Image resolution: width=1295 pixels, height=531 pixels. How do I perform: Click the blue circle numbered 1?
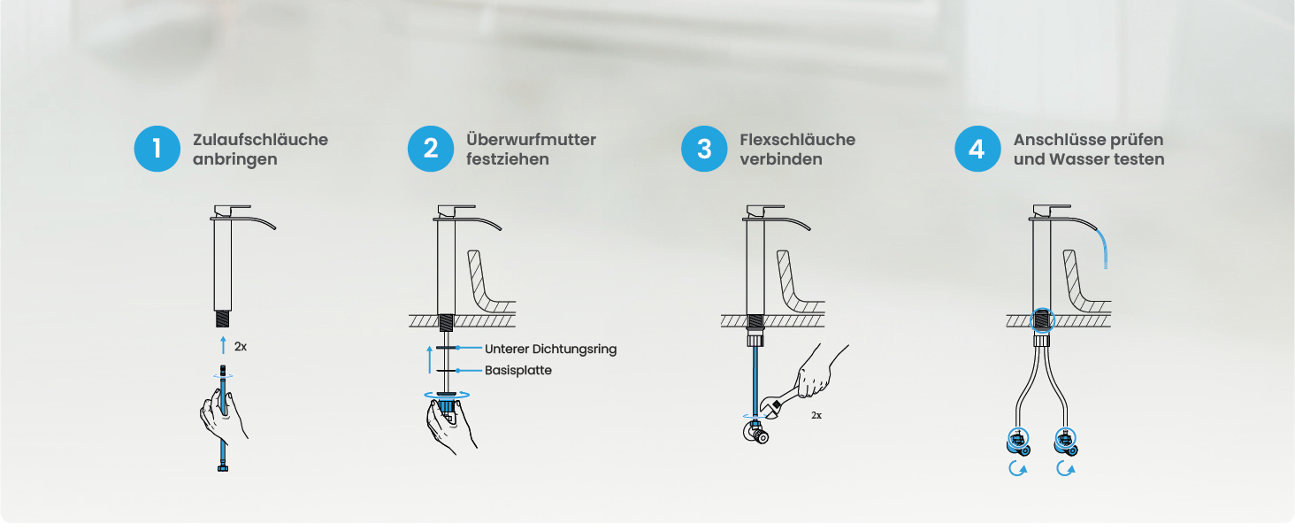157,149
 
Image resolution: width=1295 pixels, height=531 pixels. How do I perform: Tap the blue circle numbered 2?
431,149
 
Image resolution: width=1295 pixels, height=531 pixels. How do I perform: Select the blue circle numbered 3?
704,149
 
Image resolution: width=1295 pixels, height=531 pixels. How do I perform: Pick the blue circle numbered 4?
977,149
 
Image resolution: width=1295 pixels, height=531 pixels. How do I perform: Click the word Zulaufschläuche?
260,140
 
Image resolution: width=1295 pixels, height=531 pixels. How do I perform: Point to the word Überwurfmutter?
531,140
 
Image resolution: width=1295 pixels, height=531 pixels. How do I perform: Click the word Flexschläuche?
797,140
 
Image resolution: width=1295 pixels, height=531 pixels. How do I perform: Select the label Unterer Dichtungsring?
550,349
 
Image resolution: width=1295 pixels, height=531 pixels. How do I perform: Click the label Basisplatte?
518,370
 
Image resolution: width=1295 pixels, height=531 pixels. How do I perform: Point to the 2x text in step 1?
241,347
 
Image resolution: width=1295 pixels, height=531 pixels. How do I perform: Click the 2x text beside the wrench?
816,415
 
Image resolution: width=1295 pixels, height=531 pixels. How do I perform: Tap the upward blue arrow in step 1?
224,345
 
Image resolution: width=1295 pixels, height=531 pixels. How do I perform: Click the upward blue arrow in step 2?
430,359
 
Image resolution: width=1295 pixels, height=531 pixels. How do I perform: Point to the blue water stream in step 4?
1102,248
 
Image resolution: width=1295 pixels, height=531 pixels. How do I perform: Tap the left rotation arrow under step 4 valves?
1017,468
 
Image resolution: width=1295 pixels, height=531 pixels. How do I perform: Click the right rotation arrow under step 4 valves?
1066,468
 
